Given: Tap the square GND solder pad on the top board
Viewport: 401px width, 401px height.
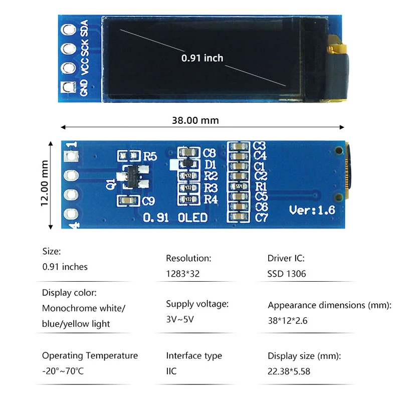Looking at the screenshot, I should coord(67,87).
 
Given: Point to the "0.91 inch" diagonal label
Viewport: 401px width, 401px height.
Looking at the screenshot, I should coord(202,58).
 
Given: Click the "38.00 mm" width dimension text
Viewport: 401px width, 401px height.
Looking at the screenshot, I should coord(195,120).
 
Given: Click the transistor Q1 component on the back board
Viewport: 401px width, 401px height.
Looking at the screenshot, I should coord(133,176).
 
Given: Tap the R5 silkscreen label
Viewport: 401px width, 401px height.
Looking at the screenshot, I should coord(150,156).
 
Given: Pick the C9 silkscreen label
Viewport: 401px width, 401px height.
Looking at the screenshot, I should coord(149,202).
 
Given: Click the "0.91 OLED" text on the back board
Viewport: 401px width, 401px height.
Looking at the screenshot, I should coord(175,218).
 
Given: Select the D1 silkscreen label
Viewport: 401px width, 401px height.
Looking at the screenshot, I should coord(211,164).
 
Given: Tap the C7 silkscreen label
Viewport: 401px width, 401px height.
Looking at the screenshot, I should coord(261,218).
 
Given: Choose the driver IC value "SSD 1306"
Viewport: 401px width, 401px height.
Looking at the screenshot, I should coord(287,274).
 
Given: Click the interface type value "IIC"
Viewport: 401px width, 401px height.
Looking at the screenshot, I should coord(171,371).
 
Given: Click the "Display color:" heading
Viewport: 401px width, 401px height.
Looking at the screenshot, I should coord(69,293).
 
